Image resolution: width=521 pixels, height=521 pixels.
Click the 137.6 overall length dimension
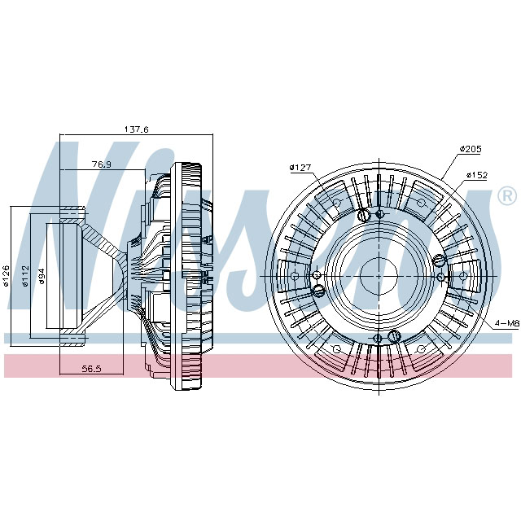(136, 129)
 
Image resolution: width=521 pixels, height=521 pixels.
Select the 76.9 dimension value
(101, 164)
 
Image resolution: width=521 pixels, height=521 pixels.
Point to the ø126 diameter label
(6, 275)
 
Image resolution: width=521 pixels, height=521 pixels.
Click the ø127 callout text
(300, 169)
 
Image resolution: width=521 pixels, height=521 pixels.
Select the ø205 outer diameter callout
(471, 149)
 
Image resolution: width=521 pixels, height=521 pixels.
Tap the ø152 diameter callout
(476, 175)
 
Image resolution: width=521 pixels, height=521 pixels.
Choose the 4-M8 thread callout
(506, 323)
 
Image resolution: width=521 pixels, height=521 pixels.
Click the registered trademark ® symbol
(506, 196)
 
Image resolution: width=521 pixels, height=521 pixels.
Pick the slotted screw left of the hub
(319, 289)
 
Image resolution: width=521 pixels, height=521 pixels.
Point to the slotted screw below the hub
(393, 336)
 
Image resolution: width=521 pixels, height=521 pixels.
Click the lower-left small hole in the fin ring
(334, 348)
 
